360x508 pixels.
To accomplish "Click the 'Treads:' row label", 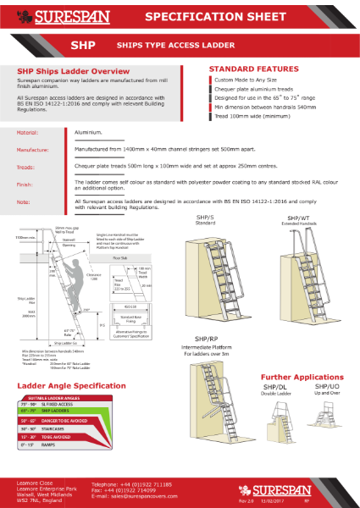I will click(x=27, y=168).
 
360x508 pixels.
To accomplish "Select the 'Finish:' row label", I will click(x=27, y=184).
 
